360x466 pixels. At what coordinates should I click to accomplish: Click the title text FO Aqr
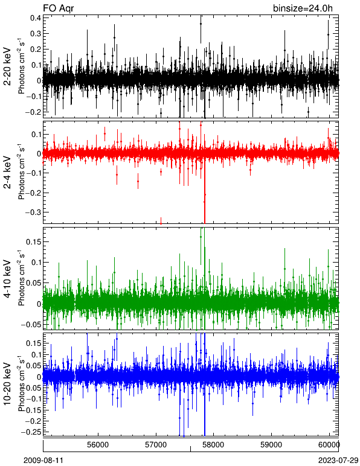tap(58, 8)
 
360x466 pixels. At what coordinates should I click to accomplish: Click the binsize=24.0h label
tap(303, 8)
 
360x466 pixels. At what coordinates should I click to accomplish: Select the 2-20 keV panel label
tap(7, 67)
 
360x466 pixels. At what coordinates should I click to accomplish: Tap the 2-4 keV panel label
tap(7, 173)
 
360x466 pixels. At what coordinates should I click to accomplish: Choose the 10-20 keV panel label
tap(7, 384)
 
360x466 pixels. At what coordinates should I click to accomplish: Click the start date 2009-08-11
tap(43, 461)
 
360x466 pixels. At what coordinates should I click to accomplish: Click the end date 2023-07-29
tap(338, 461)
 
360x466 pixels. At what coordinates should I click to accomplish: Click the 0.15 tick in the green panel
tap(33, 241)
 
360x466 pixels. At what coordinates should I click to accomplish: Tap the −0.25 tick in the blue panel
tap(31, 432)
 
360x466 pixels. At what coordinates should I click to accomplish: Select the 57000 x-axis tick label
tap(156, 444)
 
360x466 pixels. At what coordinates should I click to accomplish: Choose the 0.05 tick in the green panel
tap(33, 283)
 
